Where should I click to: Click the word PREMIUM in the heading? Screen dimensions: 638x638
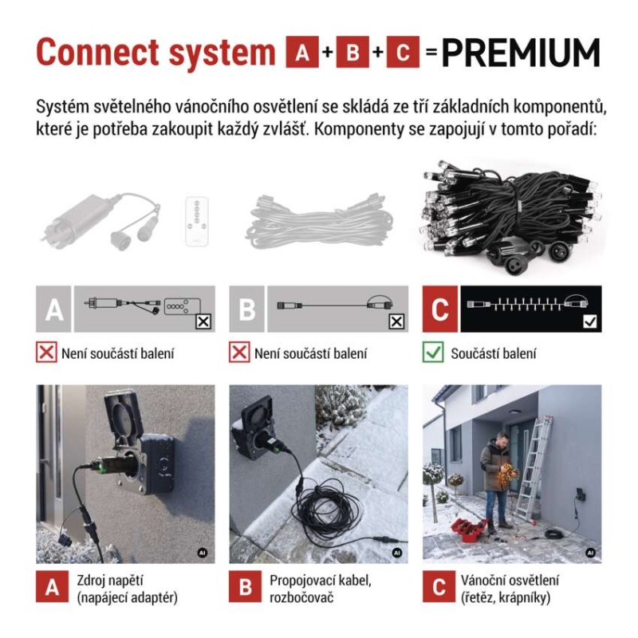tap(521, 53)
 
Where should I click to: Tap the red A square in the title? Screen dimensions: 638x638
tap(302, 52)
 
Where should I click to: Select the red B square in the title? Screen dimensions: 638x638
tap(352, 52)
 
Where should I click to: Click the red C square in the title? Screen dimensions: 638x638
tap(403, 52)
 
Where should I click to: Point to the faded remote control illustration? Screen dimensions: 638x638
tap(197, 222)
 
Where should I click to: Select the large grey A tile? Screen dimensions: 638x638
tap(53, 309)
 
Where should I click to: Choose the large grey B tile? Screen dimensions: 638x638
tap(247, 309)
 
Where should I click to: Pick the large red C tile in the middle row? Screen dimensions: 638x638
tap(440, 309)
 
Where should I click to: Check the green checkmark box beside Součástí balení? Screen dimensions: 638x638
tap(433, 352)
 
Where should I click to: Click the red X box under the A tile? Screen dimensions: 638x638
tap(46, 352)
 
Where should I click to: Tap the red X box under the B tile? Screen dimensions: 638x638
tap(239, 352)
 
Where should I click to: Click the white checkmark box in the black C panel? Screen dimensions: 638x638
tap(589, 322)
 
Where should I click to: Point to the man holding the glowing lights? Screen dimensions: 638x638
tap(496, 482)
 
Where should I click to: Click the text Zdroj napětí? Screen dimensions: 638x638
tap(110, 581)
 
